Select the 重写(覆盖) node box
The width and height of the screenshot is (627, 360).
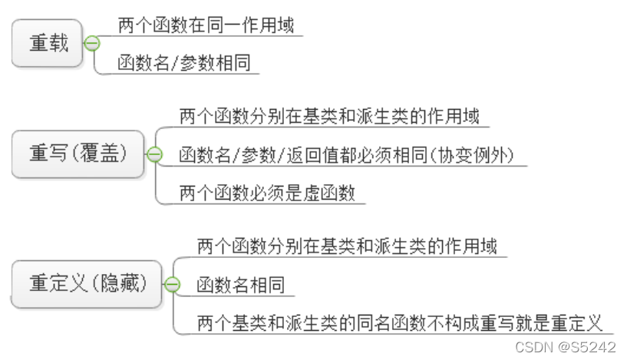pos(78,154)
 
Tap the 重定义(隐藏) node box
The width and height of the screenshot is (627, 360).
pos(87,283)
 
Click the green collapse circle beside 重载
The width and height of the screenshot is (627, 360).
pos(92,44)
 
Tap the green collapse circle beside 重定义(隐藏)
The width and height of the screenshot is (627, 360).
pos(172,285)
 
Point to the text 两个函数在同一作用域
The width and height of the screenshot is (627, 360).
pos(205,25)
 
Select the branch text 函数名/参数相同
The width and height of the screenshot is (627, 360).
pos(184,63)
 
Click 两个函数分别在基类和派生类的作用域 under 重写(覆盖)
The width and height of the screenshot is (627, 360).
pos(329,117)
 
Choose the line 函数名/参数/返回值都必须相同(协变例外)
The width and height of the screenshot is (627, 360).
pos(352,155)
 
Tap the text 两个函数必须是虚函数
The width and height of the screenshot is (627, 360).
pos(267,193)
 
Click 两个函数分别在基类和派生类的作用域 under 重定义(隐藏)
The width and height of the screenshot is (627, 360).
pos(347,246)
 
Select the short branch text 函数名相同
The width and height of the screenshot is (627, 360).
pos(240,285)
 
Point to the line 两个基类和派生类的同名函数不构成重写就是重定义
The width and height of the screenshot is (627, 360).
pos(399,322)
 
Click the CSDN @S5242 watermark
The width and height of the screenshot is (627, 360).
pos(566,347)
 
